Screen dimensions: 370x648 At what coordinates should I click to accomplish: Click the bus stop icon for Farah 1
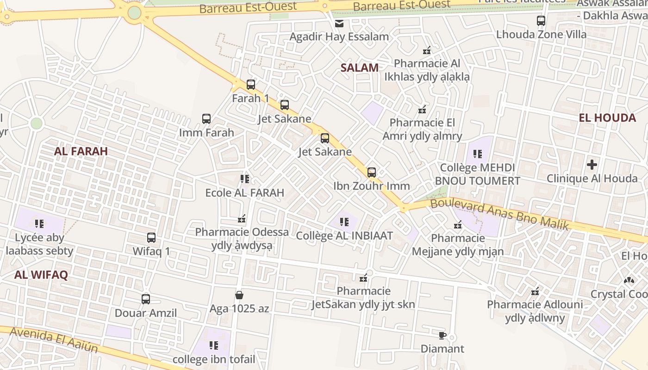click(x=251, y=85)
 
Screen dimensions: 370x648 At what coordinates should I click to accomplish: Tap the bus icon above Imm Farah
click(x=206, y=119)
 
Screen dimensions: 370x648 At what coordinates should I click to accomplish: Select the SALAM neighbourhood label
click(x=360, y=68)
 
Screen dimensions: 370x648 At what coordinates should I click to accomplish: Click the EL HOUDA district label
click(x=607, y=117)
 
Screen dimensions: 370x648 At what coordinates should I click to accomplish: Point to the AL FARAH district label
click(x=81, y=151)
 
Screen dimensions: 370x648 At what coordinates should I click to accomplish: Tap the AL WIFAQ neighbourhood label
click(x=41, y=275)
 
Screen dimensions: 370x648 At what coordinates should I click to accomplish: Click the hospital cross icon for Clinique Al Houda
click(x=592, y=165)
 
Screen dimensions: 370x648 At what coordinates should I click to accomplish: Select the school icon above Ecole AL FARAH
click(x=245, y=179)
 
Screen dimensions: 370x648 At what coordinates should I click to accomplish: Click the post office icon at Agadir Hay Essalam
click(x=339, y=23)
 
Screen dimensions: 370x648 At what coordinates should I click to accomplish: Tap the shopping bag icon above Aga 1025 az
click(x=239, y=295)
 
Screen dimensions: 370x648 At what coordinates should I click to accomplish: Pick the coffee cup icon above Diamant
click(x=442, y=335)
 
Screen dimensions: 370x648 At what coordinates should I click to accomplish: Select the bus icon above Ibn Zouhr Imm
click(x=372, y=173)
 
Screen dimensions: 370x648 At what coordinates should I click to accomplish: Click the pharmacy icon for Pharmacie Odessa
click(x=242, y=218)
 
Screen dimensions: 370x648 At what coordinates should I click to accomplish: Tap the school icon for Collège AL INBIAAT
click(x=344, y=222)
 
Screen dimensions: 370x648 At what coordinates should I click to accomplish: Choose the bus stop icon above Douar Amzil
click(x=146, y=299)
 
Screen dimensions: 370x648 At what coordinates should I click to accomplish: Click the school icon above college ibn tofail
click(x=213, y=345)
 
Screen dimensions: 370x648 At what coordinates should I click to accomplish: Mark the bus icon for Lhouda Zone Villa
click(x=541, y=21)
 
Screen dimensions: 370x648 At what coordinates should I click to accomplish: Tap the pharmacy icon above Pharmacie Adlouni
click(x=536, y=291)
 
